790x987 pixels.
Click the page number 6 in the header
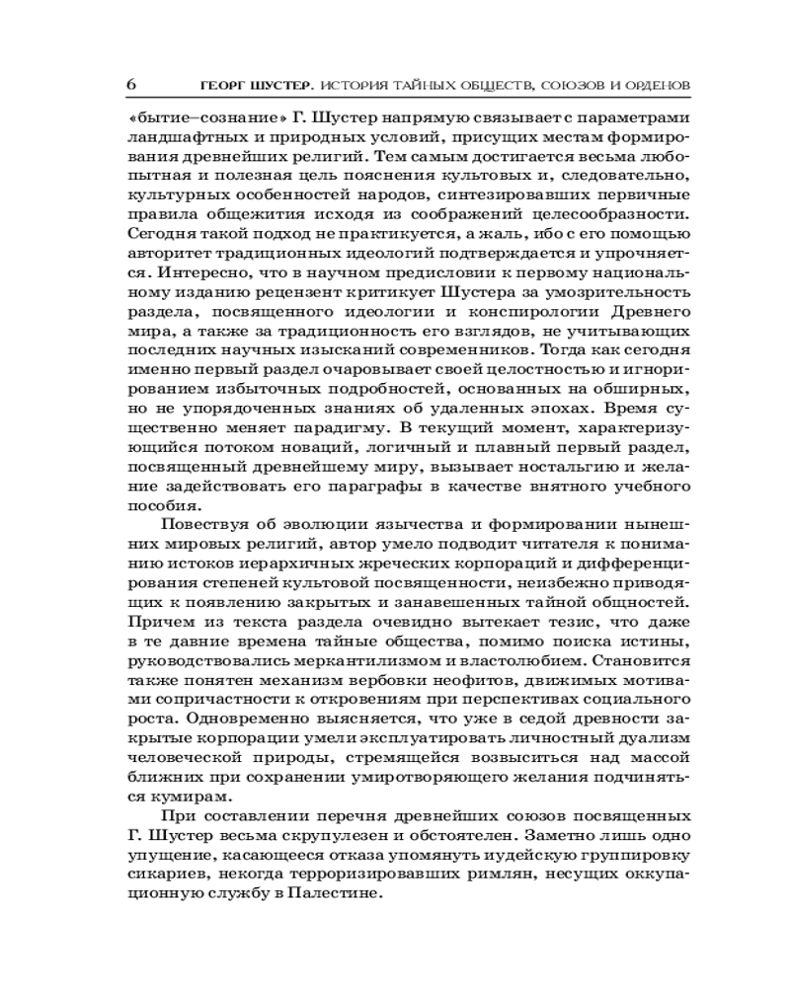point(131,83)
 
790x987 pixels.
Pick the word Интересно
point(200,268)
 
